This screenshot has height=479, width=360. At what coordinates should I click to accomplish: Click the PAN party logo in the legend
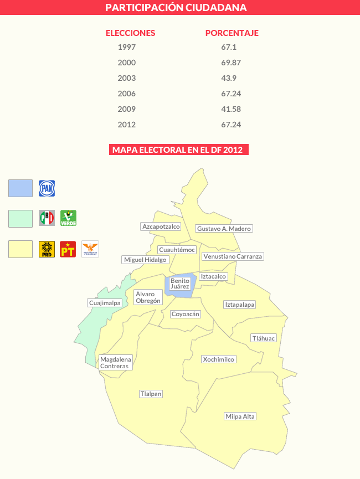coord(47,188)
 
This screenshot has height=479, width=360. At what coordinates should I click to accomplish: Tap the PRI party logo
coord(47,218)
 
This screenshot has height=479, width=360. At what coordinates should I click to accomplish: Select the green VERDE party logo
coord(68,218)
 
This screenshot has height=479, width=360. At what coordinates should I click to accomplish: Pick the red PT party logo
coord(68,249)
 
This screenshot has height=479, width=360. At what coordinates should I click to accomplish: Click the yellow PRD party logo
coord(47,249)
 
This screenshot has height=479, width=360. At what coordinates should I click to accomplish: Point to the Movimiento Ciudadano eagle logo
coord(90,249)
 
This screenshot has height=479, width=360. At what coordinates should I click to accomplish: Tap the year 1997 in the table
coord(127,47)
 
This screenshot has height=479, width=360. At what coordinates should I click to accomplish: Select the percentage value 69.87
coord(231,63)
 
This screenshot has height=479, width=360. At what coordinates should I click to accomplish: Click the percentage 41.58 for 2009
coord(231,109)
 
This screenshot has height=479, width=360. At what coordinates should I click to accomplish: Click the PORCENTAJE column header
coord(232,33)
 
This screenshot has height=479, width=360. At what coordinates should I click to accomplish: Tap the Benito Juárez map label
coord(180,284)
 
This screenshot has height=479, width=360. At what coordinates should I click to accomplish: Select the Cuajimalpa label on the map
coord(105,303)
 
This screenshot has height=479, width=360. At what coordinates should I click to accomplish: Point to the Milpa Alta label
coord(240,416)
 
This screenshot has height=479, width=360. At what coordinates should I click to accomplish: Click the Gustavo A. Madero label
coord(224,229)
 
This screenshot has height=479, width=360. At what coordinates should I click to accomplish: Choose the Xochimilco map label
coord(219,359)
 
